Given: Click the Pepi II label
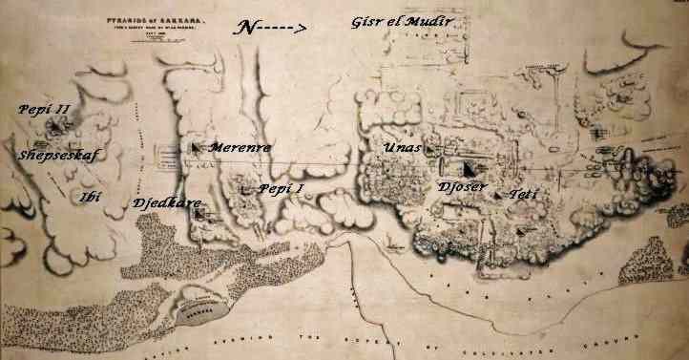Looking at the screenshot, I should pyautogui.click(x=44, y=111).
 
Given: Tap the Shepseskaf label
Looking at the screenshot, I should pyautogui.click(x=58, y=153).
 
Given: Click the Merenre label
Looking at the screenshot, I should pyautogui.click(x=239, y=148).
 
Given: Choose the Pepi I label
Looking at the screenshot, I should pyautogui.click(x=281, y=188).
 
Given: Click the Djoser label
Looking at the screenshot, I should pyautogui.click(x=463, y=186).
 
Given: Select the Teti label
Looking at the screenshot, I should pyautogui.click(x=523, y=194).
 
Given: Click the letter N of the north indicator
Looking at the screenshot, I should pyautogui.click(x=246, y=29).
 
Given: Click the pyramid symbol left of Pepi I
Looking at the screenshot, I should pyautogui.click(x=247, y=189).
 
